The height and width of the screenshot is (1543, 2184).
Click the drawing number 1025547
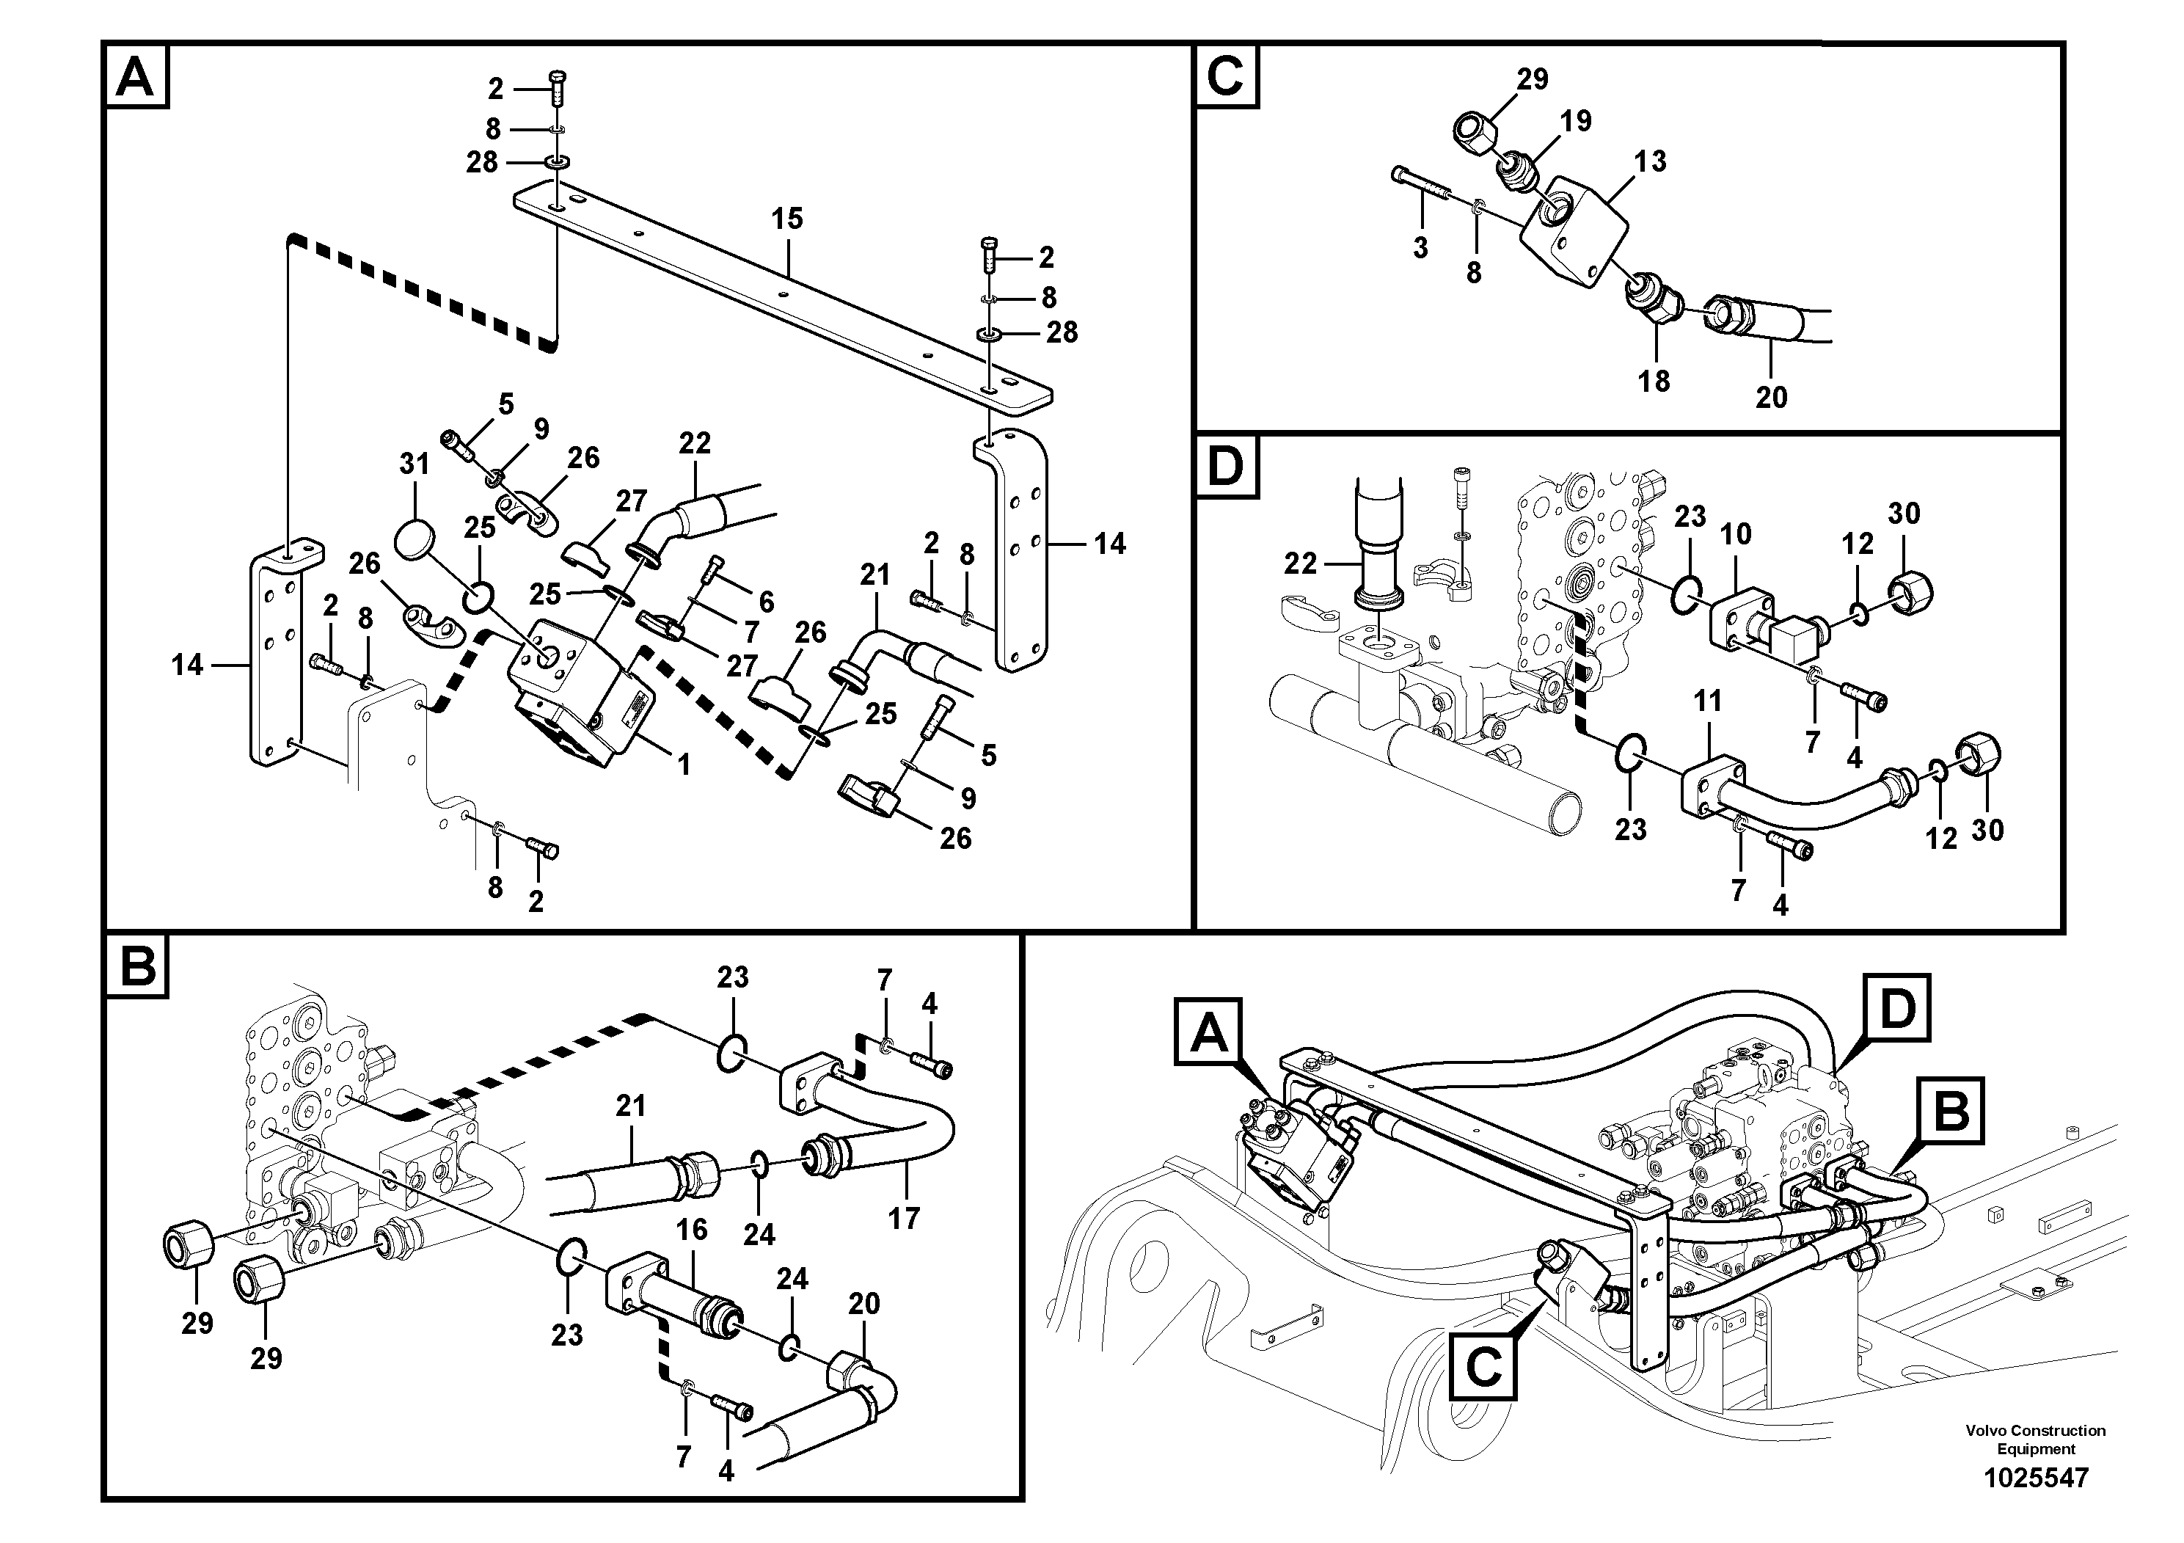coord(2036,1478)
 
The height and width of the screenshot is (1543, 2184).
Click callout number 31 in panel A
coord(414,464)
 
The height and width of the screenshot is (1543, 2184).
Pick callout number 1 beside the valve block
coord(683,764)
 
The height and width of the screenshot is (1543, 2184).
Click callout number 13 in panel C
coord(1651,161)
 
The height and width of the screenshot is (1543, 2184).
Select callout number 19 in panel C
coord(1575,121)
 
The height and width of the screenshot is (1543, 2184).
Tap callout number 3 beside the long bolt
coord(1420,248)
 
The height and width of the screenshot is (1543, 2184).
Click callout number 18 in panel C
coord(1654,381)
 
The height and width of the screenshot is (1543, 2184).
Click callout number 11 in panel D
coord(1709,701)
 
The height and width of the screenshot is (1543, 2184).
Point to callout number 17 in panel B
coord(904,1218)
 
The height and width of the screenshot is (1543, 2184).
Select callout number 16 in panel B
coord(692,1229)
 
